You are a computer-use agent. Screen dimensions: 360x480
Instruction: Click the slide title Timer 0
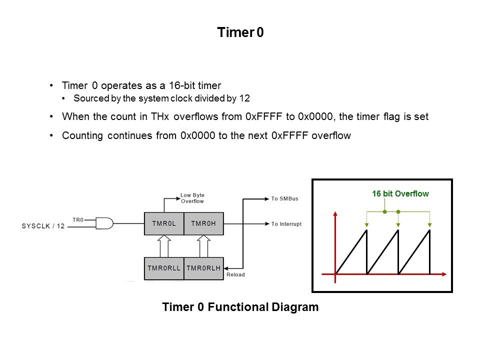pos(240,33)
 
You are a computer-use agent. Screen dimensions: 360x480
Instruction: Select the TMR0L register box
pos(163,224)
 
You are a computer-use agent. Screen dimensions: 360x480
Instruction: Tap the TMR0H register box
pos(203,224)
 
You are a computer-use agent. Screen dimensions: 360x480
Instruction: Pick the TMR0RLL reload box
pos(163,268)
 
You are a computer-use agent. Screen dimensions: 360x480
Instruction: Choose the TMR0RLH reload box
pos(203,268)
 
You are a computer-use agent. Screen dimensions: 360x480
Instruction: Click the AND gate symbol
pos(104,223)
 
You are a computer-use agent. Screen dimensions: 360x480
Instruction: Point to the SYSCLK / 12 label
pos(43,226)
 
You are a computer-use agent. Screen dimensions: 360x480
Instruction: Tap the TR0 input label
pos(78,219)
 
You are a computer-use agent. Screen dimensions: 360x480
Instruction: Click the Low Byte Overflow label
pos(192,198)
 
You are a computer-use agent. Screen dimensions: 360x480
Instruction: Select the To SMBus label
pos(284,199)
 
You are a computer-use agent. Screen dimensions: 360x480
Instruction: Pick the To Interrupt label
pos(286,224)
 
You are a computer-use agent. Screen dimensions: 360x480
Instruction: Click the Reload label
pos(235,275)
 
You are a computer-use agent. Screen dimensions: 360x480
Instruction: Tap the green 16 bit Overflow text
pos(400,193)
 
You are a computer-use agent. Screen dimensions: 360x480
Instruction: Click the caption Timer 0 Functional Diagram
pos(240,307)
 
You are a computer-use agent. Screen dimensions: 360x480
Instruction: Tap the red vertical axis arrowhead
pos(335,214)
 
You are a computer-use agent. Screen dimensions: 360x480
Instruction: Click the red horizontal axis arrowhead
pos(443,274)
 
